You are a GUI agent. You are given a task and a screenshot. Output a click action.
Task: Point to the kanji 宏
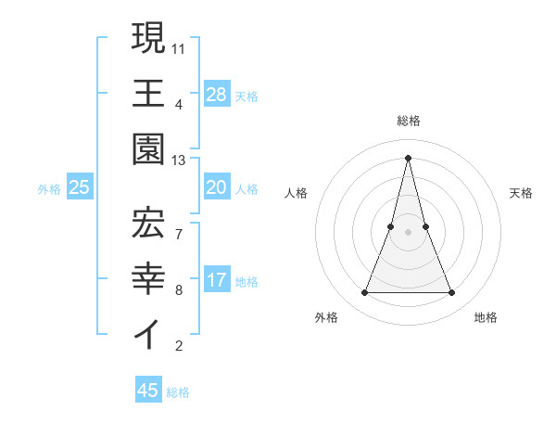[x=148, y=220]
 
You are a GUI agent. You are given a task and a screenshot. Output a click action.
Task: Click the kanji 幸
[x=148, y=276]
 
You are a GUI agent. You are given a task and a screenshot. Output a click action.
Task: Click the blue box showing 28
[x=217, y=94]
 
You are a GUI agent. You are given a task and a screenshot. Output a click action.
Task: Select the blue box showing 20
[x=217, y=188]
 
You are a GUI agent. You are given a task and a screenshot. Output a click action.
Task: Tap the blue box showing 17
[x=217, y=281]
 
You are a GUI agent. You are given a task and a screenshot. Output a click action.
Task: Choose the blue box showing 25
[x=80, y=188]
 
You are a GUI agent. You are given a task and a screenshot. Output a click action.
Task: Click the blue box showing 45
[x=148, y=391]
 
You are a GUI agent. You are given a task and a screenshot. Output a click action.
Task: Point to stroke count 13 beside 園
[x=179, y=160]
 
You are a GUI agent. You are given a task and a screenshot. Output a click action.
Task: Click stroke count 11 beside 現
[x=179, y=47]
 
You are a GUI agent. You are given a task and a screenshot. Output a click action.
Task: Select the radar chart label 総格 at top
[x=409, y=121]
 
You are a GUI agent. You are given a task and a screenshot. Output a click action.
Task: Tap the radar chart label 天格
[x=521, y=193]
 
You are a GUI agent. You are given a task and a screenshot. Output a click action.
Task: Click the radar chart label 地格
[x=486, y=317]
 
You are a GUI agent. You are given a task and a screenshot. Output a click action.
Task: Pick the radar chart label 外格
[x=326, y=317]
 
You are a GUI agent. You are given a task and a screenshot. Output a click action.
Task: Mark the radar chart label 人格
[x=296, y=193]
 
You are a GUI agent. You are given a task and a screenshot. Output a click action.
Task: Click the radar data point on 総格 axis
[x=409, y=157]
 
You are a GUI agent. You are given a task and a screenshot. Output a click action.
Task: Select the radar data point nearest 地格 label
[x=452, y=293]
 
